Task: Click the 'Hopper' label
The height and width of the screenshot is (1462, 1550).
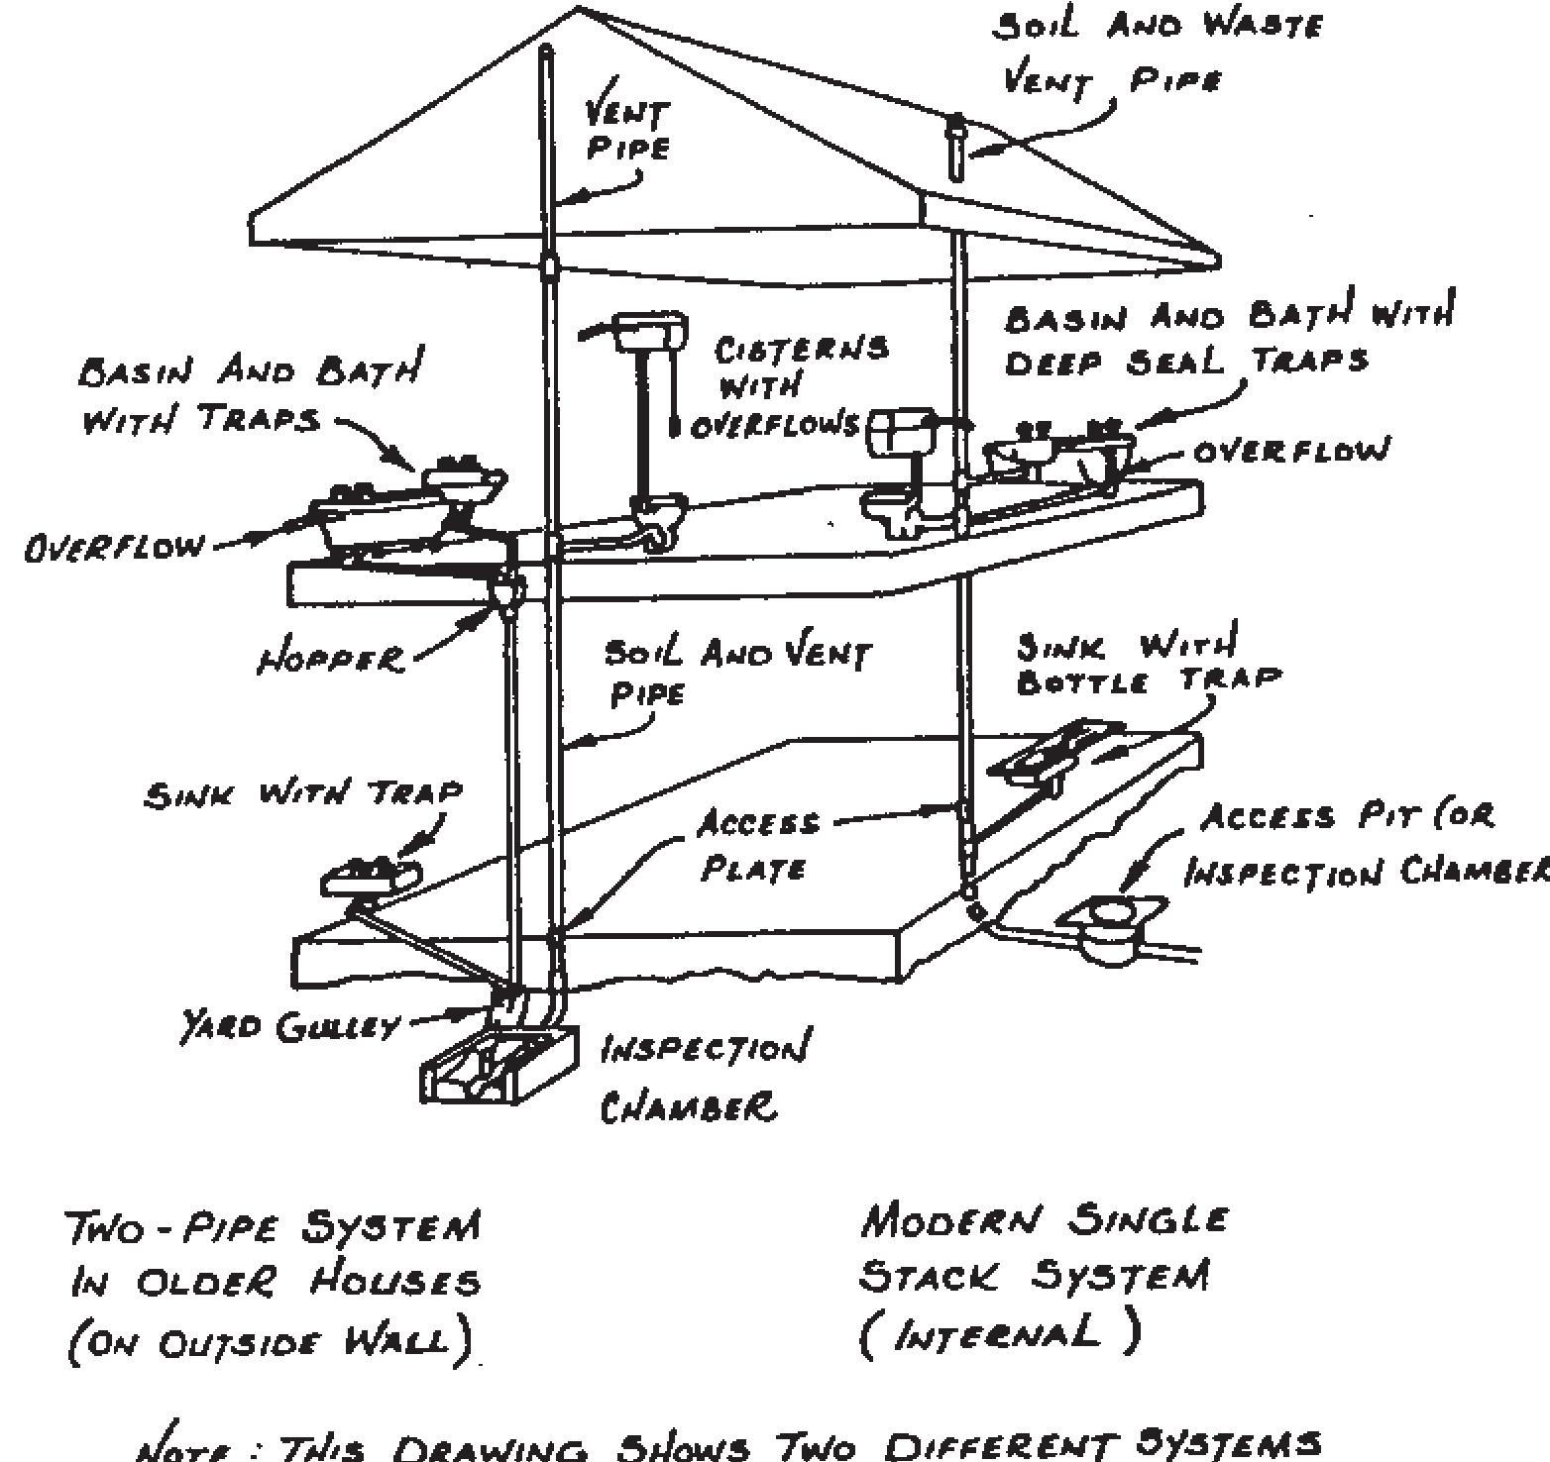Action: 331,658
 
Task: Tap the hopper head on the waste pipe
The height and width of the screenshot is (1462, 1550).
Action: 506,592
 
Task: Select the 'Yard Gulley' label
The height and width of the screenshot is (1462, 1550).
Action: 287,1027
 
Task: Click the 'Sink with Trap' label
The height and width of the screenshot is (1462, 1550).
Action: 303,793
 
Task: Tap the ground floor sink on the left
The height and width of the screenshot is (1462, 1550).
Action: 369,876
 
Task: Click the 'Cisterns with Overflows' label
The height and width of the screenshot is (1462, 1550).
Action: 788,386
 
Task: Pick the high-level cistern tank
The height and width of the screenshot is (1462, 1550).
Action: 650,331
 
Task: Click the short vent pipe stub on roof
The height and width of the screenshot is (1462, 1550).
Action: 955,147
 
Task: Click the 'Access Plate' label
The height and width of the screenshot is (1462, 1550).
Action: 757,846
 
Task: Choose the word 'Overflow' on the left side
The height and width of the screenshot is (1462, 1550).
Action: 115,547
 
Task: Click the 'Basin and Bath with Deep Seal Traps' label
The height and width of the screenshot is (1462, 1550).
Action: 1229,337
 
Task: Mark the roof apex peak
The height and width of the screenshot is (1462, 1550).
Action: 578,9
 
